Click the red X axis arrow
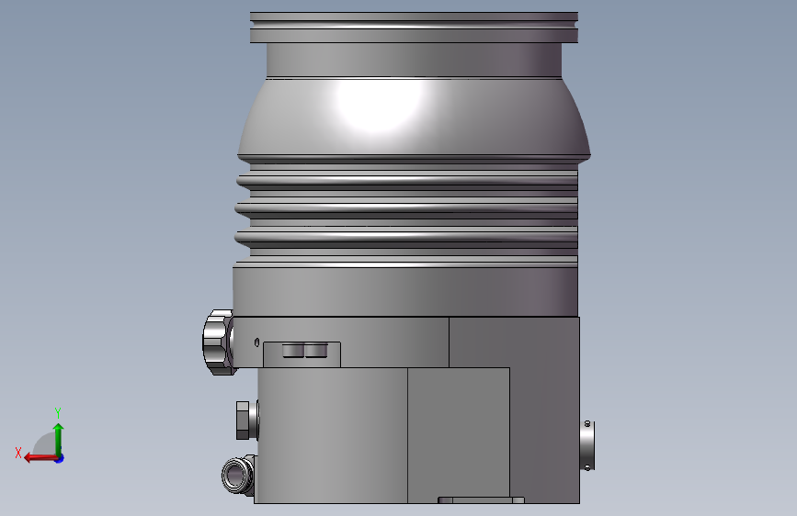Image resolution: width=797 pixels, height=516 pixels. (x=37, y=457)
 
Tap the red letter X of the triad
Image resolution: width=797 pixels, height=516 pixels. (x=18, y=453)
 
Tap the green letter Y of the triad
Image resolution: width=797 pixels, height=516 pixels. (x=57, y=412)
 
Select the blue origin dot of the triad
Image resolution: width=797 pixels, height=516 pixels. (x=59, y=457)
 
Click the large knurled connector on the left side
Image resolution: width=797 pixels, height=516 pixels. (x=219, y=342)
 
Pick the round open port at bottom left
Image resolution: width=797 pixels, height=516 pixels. (x=237, y=476)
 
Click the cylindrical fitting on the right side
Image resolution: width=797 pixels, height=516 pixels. (x=587, y=444)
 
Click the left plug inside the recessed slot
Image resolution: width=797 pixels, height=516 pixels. (x=291, y=350)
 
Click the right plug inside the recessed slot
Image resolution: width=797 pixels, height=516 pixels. (x=314, y=350)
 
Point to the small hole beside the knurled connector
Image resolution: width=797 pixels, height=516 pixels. (x=256, y=342)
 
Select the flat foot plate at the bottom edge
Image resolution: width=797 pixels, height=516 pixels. (x=481, y=500)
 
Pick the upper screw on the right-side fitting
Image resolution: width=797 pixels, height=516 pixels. (x=587, y=424)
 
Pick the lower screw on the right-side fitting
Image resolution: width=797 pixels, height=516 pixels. (x=587, y=466)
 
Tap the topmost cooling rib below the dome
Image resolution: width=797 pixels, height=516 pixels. (x=407, y=180)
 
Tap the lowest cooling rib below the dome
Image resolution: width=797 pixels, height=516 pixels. (x=407, y=238)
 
